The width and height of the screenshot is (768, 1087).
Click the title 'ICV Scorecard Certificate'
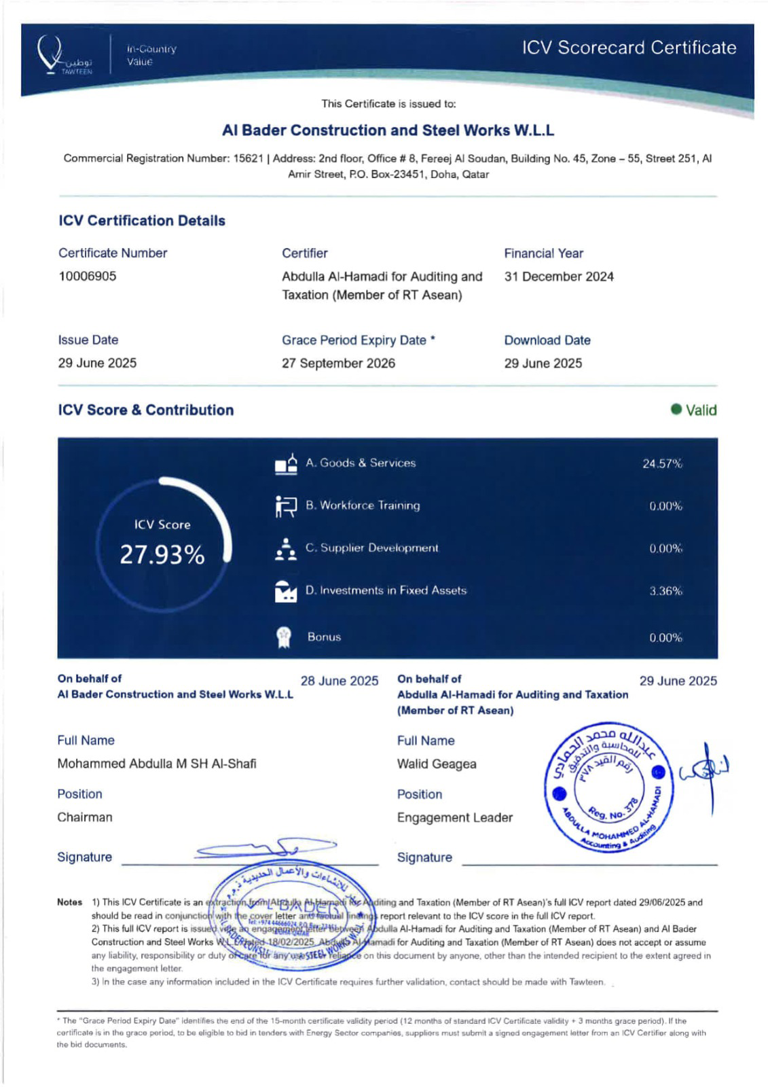(629, 48)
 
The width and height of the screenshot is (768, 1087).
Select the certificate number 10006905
(87, 277)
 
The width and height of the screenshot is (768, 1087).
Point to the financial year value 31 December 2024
(558, 277)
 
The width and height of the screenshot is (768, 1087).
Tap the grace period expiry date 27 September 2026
(338, 363)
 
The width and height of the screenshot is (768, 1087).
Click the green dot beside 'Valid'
(676, 409)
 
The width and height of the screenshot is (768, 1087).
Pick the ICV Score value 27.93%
(162, 555)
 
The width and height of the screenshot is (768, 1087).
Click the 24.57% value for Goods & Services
(662, 464)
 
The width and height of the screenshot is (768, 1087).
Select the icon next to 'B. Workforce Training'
(286, 506)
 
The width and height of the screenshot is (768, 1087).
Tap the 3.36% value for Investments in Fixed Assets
(665, 591)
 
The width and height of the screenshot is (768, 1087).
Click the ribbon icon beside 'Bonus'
(284, 637)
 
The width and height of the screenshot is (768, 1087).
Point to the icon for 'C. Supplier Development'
(286, 549)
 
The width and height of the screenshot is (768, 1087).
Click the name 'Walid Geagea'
(437, 764)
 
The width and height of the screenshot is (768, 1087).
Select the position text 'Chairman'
(85, 817)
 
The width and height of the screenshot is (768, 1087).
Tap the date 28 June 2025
(340, 681)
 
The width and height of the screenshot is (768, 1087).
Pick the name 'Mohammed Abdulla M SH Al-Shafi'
(157, 764)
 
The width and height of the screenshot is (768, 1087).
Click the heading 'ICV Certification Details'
(142, 221)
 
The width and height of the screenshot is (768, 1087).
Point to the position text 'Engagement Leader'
(455, 818)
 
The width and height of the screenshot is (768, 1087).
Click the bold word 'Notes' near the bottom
(69, 902)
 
